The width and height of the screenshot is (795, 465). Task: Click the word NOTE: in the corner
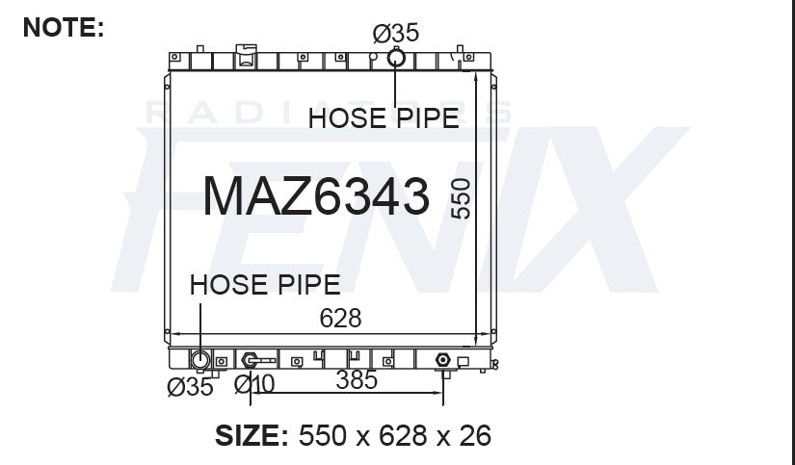64,27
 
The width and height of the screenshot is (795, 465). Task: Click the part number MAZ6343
316,196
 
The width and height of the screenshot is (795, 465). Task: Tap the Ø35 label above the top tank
395,34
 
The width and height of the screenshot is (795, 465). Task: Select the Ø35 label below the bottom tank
190,387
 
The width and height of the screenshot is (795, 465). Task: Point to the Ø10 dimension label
254,384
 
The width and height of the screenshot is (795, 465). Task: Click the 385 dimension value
357,380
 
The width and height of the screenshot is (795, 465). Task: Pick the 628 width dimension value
340,318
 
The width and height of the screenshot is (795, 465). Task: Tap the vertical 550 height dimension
461,198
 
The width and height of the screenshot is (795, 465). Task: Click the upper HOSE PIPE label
384,118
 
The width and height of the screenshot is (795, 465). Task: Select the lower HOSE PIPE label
265,285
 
